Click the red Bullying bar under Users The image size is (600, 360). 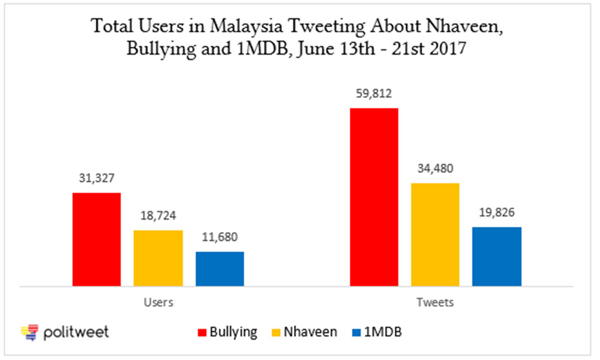point(97,239)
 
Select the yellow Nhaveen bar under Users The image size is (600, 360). point(158,258)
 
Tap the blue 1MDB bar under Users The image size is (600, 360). point(220,269)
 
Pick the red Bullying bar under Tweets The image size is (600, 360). point(374,197)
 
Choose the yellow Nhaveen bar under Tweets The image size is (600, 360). point(435,235)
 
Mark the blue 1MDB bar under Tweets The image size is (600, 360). point(497,257)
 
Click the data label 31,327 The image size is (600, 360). point(97,178)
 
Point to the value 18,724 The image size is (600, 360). point(158,216)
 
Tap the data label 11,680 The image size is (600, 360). point(220,237)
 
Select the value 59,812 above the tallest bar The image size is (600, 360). point(374,94)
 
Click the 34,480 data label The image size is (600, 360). point(435,169)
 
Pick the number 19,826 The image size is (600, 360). point(497,213)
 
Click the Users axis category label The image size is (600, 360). point(158,302)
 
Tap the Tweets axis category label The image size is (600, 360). point(435,302)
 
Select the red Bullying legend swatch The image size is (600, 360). point(202,332)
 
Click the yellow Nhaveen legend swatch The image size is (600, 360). point(276,332)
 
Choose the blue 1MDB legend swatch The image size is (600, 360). point(356,332)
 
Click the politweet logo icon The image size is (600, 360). point(30,332)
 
